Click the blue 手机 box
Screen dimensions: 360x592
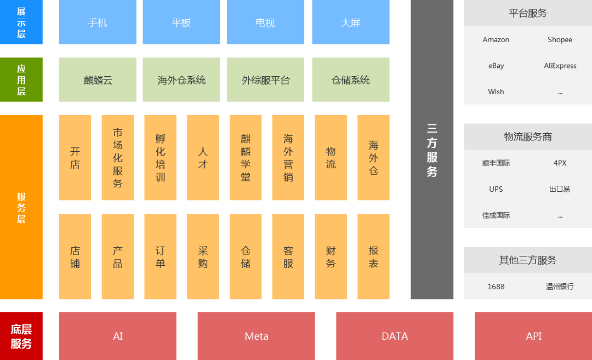pos(98,22)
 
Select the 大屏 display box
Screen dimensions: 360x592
pos(351,22)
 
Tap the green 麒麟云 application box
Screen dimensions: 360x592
pos(98,80)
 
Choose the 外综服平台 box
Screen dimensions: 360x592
pos(266,80)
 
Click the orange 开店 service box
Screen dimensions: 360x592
pos(75,158)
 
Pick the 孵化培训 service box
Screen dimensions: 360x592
pos(160,158)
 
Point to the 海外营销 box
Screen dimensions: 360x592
pos(288,158)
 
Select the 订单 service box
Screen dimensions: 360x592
pos(160,256)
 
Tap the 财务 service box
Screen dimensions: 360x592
pos(331,256)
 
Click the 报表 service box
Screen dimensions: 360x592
pos(373,256)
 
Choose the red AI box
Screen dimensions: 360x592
pos(118,336)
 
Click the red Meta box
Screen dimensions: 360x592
pos(257,336)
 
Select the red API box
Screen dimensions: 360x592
pos(533,336)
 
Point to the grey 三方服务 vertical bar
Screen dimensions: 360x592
pos(432,150)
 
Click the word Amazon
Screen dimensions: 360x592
pos(496,39)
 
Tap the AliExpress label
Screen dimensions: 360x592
pos(560,66)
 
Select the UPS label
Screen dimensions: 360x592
pos(496,189)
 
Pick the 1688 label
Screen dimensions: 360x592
pos(496,287)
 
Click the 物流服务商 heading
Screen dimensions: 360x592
pos(528,137)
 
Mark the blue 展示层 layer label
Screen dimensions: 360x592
pos(21,22)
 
